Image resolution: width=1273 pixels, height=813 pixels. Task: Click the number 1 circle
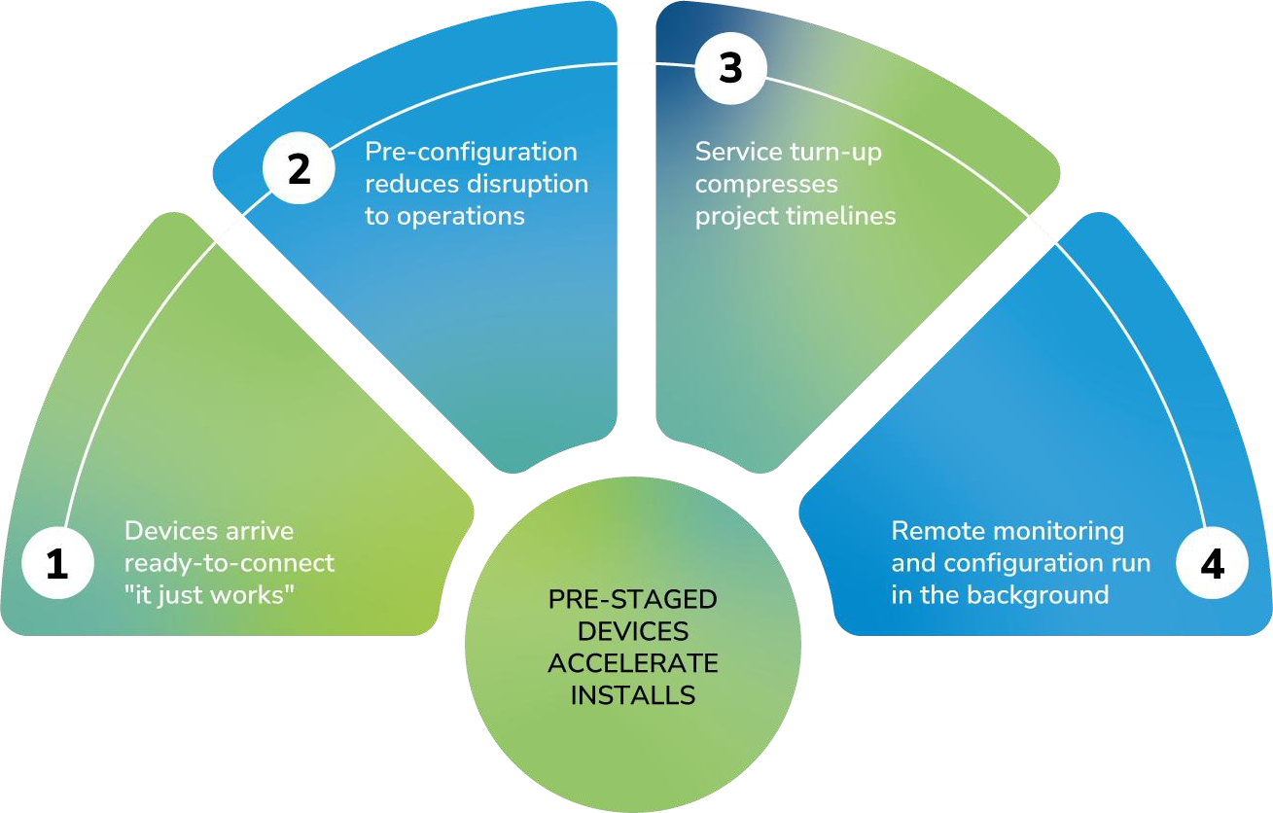click(x=57, y=564)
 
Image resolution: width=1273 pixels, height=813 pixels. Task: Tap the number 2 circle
click(x=299, y=169)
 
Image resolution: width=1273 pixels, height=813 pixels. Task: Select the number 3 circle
click(x=730, y=68)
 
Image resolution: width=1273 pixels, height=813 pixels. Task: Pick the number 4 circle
click(x=1212, y=564)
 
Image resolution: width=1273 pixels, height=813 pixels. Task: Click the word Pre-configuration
click(x=471, y=153)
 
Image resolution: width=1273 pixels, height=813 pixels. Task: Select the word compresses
click(x=766, y=184)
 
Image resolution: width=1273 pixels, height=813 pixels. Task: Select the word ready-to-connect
click(x=230, y=563)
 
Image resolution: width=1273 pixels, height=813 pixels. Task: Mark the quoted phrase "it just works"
click(x=209, y=594)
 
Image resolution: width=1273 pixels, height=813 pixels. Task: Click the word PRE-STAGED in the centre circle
click(x=633, y=600)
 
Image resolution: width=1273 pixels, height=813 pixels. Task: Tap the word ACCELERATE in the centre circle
click(x=633, y=664)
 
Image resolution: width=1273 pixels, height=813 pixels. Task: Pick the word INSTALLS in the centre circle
click(x=633, y=695)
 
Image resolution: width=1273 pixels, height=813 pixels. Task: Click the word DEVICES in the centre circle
click(x=633, y=632)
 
